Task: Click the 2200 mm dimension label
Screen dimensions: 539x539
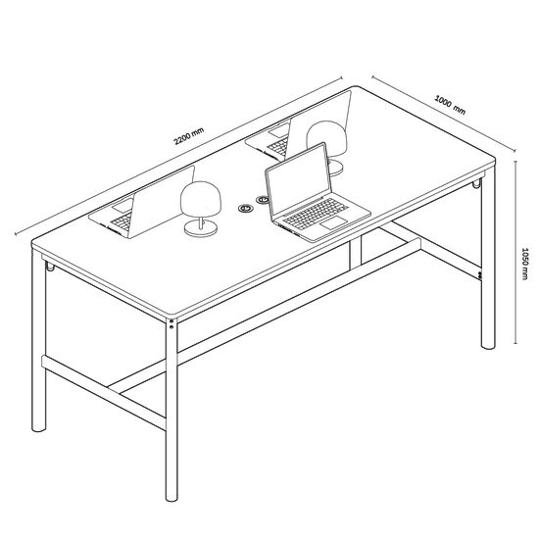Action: [x=189, y=136]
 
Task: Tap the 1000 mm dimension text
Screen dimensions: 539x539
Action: [x=451, y=105]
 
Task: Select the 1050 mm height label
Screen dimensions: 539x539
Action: [x=524, y=264]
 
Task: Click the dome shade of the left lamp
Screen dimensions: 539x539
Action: [x=200, y=199]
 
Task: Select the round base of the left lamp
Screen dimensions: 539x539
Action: [x=201, y=228]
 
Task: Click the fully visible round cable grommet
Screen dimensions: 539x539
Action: [x=246, y=208]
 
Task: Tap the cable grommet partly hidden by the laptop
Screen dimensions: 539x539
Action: [x=262, y=199]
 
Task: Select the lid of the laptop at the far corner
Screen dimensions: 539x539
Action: [x=318, y=124]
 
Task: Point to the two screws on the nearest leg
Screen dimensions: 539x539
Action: [x=171, y=323]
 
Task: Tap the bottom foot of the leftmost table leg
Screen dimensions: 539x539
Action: [x=38, y=428]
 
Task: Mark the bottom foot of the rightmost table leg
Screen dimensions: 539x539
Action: [x=488, y=346]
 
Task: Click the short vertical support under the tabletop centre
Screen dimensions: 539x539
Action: [x=356, y=253]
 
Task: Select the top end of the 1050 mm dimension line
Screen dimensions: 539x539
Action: [x=515, y=161]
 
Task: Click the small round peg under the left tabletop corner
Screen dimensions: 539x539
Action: [x=50, y=267]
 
